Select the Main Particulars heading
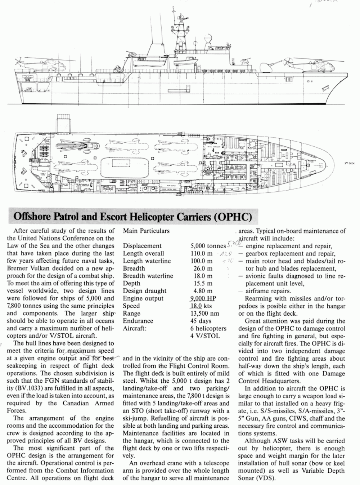146,231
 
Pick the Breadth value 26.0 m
203,268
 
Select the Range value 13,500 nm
204,313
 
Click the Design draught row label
144,291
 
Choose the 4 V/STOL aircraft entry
205,336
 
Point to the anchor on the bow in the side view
327,87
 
